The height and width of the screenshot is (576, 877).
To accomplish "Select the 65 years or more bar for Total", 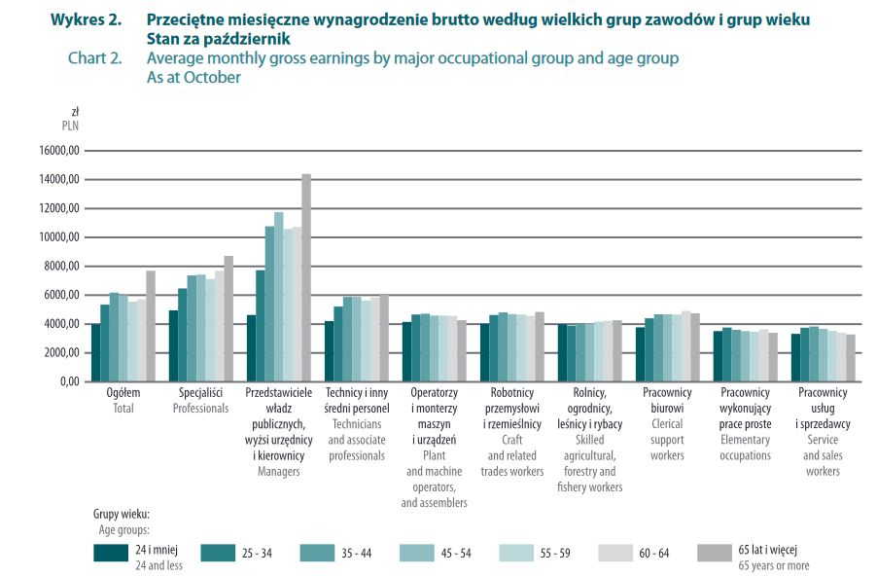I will coord(151,326).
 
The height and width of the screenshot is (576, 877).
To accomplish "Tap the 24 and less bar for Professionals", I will coord(173,345).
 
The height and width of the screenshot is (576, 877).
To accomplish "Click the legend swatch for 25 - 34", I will coord(219,553).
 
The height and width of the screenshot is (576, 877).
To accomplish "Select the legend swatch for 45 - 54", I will coord(418,553).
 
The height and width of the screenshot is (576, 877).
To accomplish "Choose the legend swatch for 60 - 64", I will coord(617,553).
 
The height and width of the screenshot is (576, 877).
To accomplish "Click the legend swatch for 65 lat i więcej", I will coord(717,553).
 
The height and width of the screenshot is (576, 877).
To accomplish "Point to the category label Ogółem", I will coord(123,393).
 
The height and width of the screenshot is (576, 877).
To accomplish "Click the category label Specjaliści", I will coord(200,393).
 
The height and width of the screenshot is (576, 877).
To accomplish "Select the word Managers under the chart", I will coord(278,472).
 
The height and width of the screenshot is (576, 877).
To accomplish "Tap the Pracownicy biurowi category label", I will coord(667,400).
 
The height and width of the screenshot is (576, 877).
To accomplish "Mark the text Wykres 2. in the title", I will coord(86,19).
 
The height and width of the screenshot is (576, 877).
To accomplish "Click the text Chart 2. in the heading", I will coord(94,58).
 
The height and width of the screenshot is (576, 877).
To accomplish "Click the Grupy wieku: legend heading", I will coord(122,515).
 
